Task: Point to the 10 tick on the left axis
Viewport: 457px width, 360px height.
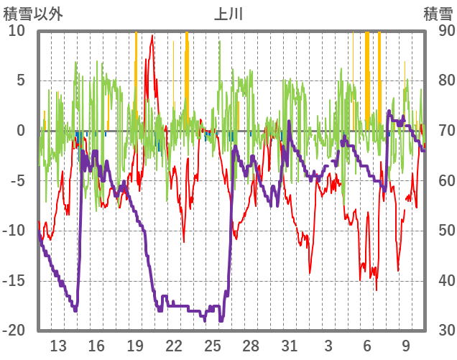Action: pyautogui.click(x=17, y=31)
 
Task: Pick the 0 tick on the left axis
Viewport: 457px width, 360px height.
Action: pyautogui.click(x=20, y=131)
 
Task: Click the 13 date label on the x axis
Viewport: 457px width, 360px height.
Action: pyautogui.click(x=58, y=345)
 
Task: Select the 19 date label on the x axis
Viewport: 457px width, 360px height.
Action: pyautogui.click(x=135, y=345)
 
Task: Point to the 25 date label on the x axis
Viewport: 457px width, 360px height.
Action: pyautogui.click(x=213, y=345)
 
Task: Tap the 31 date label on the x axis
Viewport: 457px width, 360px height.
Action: pyautogui.click(x=290, y=345)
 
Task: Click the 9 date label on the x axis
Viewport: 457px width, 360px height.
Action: pyautogui.click(x=406, y=345)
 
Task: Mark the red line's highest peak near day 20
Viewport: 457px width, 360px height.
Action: pyautogui.click(x=152, y=36)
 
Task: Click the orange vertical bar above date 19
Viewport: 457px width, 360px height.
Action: pyautogui.click(x=136, y=65)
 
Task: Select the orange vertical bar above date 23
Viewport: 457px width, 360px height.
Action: pyautogui.click(x=187, y=65)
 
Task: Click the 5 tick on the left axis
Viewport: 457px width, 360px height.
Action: pyautogui.click(x=20, y=80)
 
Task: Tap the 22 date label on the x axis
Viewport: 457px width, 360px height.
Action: pyautogui.click(x=174, y=345)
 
